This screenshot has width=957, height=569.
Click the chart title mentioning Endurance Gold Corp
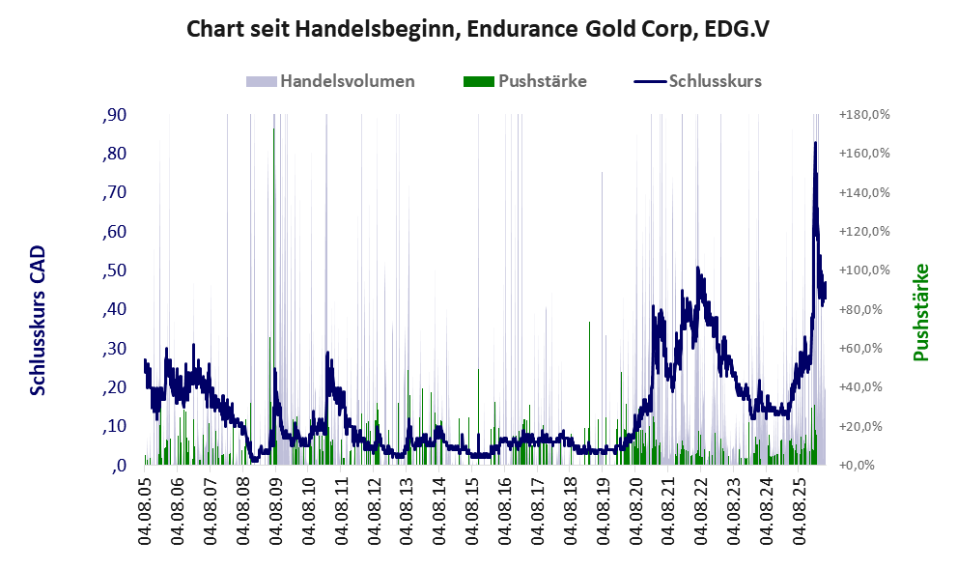click(x=478, y=29)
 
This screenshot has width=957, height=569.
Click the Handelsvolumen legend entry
click(x=330, y=81)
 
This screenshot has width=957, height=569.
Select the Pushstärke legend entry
click(x=525, y=81)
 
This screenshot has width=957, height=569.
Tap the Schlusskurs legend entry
click(x=697, y=81)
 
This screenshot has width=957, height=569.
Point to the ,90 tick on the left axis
click(x=114, y=115)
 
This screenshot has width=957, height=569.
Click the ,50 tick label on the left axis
click(x=114, y=270)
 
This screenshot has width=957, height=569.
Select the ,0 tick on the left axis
click(x=119, y=466)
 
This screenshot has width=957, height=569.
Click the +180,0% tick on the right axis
click(x=864, y=115)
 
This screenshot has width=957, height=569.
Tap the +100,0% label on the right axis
click(x=864, y=270)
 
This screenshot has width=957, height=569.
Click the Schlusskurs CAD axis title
click(x=38, y=321)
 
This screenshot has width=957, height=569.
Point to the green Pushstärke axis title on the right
click(x=921, y=313)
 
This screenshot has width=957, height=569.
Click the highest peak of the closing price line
click(x=815, y=143)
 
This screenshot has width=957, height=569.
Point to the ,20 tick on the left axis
click(x=114, y=387)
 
